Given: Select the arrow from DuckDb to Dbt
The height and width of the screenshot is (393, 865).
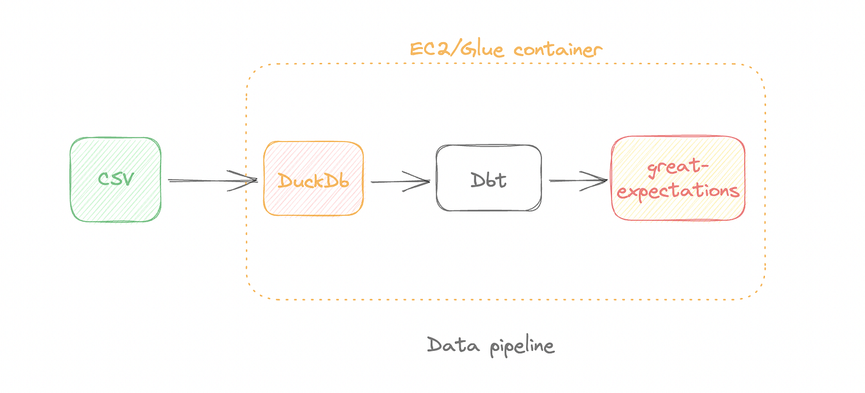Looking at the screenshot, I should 398,182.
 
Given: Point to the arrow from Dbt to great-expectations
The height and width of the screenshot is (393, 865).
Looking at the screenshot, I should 576,181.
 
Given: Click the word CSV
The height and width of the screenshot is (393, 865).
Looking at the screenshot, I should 115,178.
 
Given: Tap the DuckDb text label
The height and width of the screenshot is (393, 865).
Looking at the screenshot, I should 313,180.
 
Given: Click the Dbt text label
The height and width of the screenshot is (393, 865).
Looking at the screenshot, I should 489,180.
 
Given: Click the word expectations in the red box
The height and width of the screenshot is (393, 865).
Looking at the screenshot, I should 678,190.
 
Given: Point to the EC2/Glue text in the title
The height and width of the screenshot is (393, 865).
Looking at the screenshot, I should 459,50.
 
